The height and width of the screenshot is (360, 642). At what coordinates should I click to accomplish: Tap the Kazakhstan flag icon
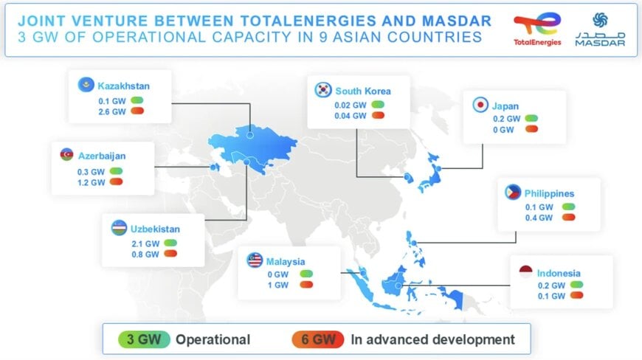(86, 86)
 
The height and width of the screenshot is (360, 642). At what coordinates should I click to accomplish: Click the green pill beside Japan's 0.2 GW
(531, 118)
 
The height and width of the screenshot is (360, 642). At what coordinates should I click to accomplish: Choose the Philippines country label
(550, 194)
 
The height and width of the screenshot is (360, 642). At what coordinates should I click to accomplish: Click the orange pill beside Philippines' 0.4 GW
(568, 218)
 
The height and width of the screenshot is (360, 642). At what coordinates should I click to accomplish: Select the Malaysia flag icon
(255, 260)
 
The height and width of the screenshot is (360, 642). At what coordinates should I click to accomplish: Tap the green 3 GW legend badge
(140, 339)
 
